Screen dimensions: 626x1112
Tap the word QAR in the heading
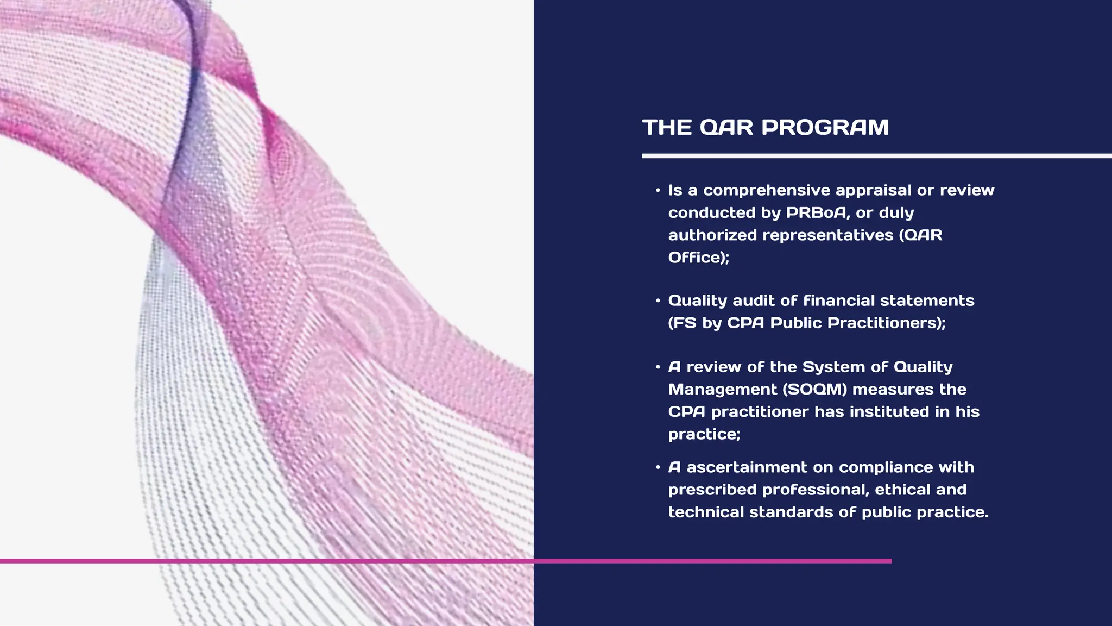click(726, 128)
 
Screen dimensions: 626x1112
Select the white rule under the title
click(876, 156)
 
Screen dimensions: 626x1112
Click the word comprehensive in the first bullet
click(767, 190)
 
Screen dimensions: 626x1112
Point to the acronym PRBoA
click(816, 212)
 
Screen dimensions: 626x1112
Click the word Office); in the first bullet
click(699, 257)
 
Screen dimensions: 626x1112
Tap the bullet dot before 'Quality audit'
click(658, 301)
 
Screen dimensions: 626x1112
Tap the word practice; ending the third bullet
click(704, 434)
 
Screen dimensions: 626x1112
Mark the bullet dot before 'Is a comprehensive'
click(658, 190)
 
